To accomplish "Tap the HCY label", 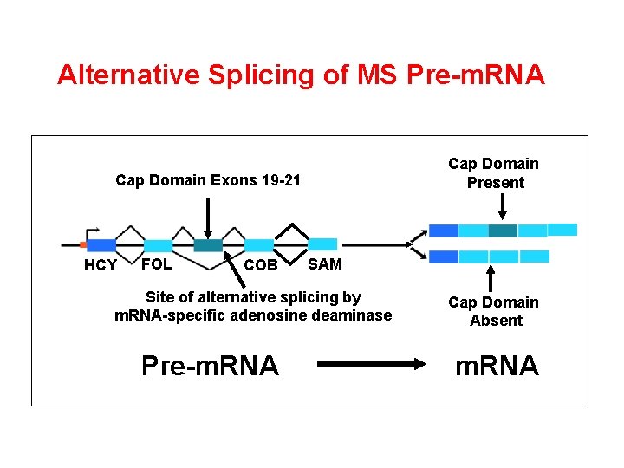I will [100, 265].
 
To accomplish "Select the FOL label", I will [156, 263].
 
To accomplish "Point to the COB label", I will [261, 265].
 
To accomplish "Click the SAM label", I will [325, 263].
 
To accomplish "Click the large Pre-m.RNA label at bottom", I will [210, 366].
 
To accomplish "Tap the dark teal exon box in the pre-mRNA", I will [208, 246].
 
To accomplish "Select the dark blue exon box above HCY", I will [101, 245].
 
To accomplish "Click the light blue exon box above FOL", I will [158, 246].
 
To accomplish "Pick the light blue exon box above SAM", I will [322, 244].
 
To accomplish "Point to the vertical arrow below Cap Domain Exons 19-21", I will [208, 216].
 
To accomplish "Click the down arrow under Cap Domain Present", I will [502, 208].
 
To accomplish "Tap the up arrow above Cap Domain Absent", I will [491, 278].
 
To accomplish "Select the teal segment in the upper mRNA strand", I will [503, 231].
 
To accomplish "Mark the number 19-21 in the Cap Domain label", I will [280, 180].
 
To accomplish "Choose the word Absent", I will [496, 321].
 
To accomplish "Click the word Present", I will [495, 183].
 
